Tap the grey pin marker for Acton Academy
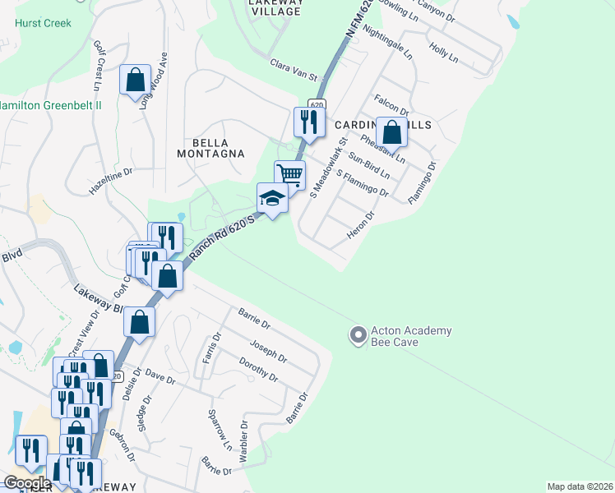[358, 335]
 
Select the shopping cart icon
[289, 174]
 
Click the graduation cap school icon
[272, 197]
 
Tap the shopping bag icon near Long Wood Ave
[136, 81]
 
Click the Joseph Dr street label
[270, 352]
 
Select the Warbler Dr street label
[243, 441]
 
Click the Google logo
[28, 483]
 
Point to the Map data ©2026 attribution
[579, 486]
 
